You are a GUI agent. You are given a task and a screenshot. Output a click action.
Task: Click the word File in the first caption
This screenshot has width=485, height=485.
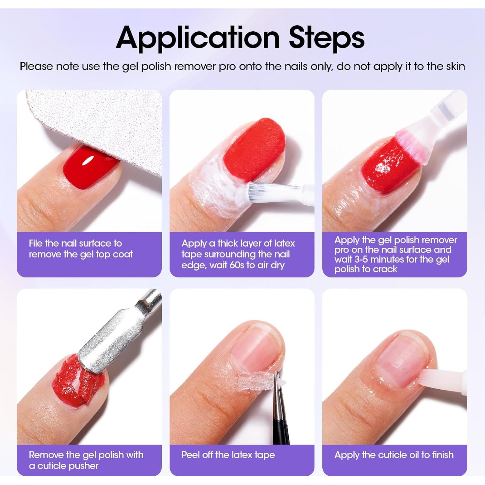pos(36,243)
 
